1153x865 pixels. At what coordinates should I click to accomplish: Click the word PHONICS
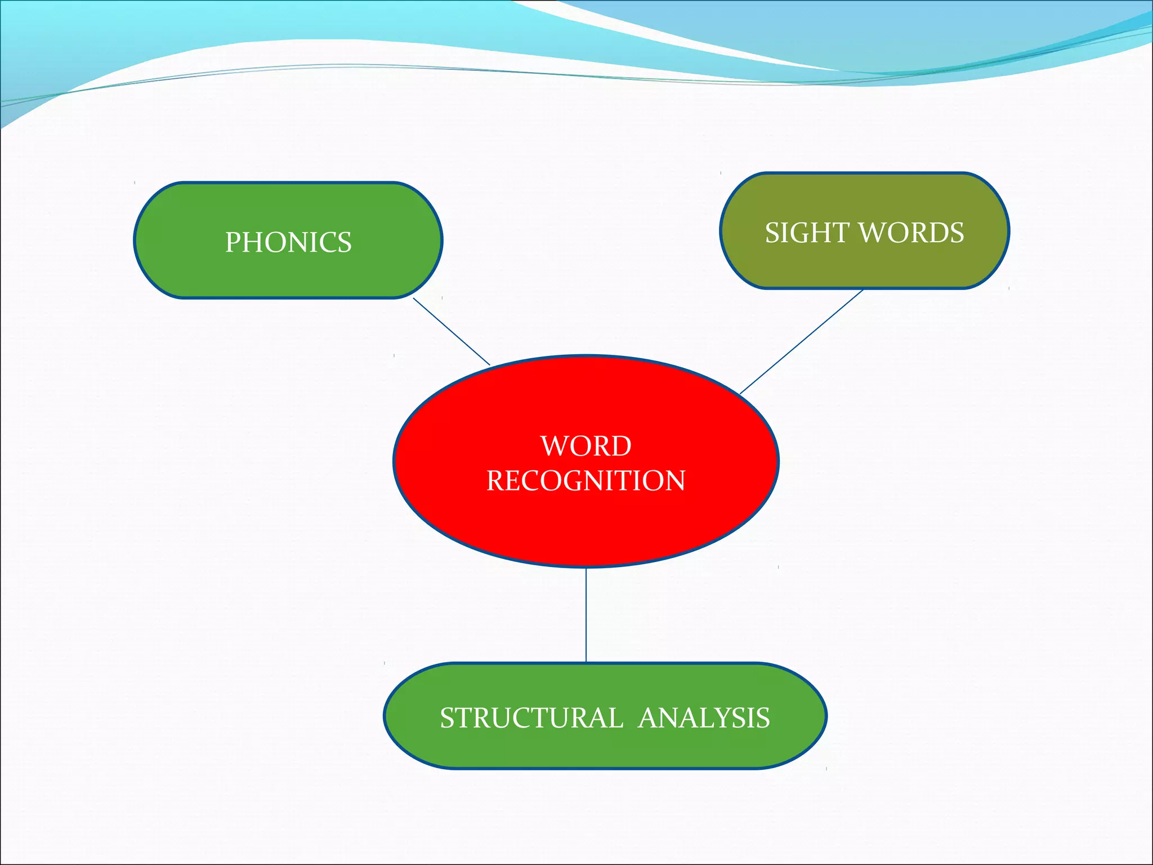pyautogui.click(x=288, y=242)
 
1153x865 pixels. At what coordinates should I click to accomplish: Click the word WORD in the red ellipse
pyautogui.click(x=586, y=446)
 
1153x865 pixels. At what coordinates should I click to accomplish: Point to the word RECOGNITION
pyautogui.click(x=586, y=481)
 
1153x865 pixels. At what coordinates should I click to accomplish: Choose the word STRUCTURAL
pyautogui.click(x=531, y=718)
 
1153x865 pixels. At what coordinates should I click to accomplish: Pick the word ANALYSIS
pyautogui.click(x=704, y=718)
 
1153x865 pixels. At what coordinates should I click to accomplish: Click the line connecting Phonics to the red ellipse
pyautogui.click(x=452, y=332)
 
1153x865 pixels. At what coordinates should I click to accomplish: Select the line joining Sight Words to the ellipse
pyautogui.click(x=801, y=341)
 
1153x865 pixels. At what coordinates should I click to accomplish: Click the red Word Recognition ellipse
pyautogui.click(x=586, y=529)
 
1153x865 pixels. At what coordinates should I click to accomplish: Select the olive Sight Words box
pyautogui.click(x=865, y=265)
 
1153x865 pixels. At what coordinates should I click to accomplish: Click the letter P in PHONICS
pyautogui.click(x=233, y=242)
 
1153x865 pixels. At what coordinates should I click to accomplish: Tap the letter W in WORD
pyautogui.click(x=552, y=446)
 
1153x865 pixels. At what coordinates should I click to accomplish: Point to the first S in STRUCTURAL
pyautogui.click(x=447, y=718)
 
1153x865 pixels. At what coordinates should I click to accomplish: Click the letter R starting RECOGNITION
pyautogui.click(x=494, y=481)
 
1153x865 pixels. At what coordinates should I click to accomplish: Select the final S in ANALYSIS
pyautogui.click(x=763, y=718)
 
